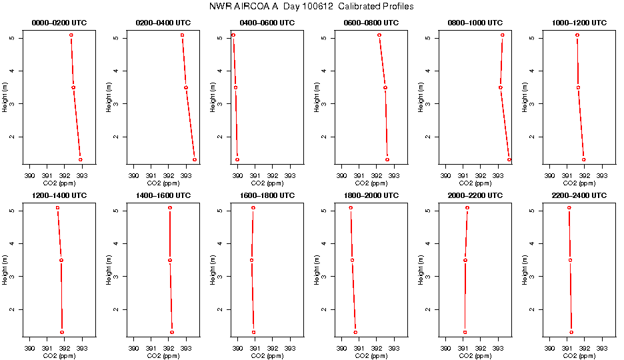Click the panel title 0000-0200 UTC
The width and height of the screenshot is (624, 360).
click(59, 23)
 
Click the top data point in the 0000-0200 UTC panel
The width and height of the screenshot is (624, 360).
click(71, 35)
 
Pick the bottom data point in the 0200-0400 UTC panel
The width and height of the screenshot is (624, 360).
click(195, 159)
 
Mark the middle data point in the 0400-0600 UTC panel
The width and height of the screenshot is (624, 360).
click(235, 87)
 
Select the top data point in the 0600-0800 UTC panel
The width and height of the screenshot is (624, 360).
click(379, 35)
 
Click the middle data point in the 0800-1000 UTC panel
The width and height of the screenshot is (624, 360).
click(500, 87)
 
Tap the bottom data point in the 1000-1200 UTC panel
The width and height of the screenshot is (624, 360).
click(583, 159)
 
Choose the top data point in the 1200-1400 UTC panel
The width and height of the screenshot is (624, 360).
click(58, 208)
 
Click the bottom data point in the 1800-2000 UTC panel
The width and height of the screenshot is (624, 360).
click(355, 332)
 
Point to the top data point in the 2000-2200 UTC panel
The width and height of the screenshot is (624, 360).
click(467, 208)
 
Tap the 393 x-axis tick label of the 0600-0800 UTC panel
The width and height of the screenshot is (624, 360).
click(393, 176)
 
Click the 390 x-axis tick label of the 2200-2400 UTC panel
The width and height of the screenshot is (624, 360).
click(550, 349)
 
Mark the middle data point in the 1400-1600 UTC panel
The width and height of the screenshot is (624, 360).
click(170, 260)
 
